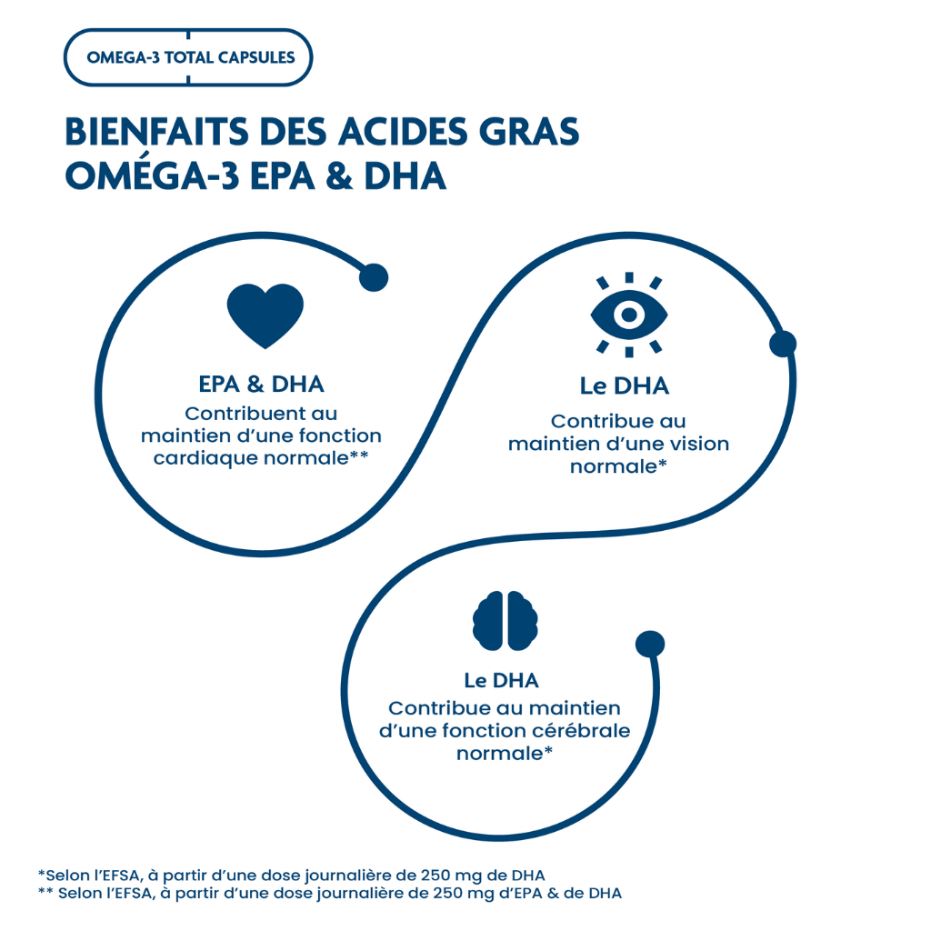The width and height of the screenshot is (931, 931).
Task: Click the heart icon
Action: (x=265, y=315)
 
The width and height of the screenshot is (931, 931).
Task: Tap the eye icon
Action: (x=629, y=315)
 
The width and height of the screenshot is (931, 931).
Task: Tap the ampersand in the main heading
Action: (x=339, y=176)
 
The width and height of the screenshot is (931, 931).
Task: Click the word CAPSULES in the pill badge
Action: (x=256, y=57)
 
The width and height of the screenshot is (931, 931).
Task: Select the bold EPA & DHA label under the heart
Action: (x=261, y=384)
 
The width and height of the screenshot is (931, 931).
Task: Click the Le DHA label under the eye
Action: (x=624, y=385)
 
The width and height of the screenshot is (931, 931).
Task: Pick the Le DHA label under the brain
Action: (x=501, y=680)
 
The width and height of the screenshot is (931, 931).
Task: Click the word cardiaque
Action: (x=205, y=457)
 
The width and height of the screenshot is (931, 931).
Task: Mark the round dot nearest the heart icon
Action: (x=374, y=277)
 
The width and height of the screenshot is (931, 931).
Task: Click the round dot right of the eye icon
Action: (x=783, y=344)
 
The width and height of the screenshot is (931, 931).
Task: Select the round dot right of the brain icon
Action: (x=649, y=645)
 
